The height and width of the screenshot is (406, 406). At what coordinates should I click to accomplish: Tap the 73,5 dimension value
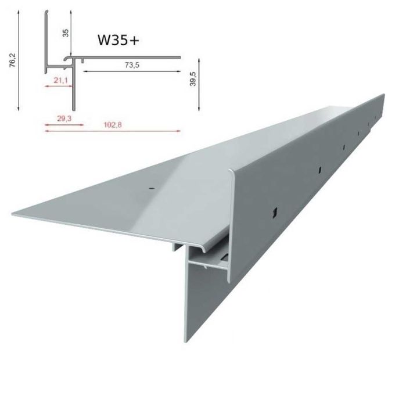coord(134,66)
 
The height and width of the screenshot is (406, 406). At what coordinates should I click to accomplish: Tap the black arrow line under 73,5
coord(133,73)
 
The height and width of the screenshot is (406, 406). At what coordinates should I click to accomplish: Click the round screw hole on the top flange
coord(150,188)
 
